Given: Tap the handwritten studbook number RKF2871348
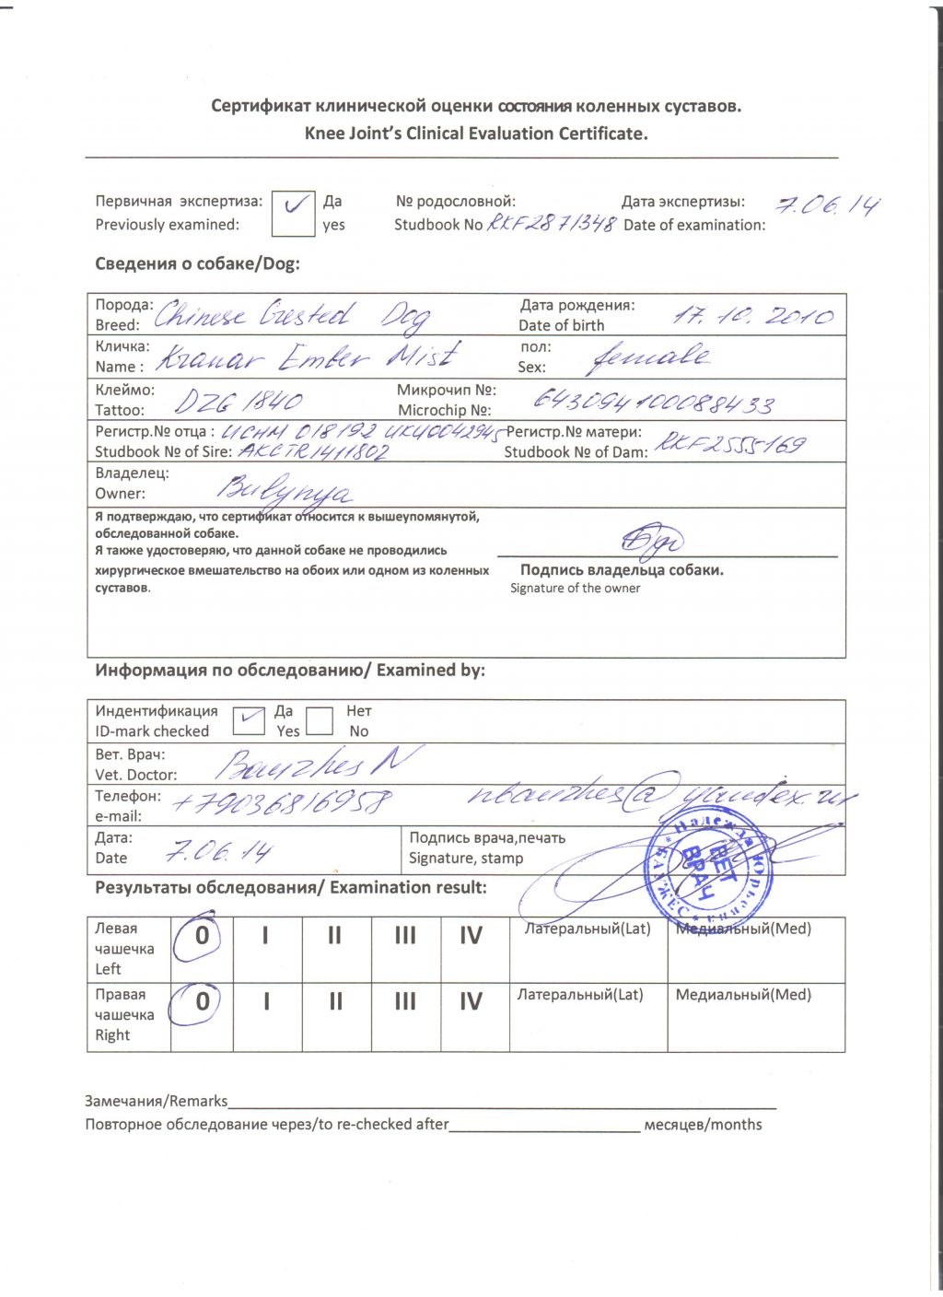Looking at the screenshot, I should tap(550, 224).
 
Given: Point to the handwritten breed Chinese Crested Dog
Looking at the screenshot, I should tap(290, 316).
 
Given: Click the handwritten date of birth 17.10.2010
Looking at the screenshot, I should tap(752, 316).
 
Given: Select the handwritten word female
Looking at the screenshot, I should tap(649, 356).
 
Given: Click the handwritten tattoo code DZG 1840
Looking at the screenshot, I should tap(239, 402).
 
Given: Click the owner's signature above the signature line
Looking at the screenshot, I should tap(652, 540).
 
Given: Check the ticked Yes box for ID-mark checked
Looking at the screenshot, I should tap(248, 720).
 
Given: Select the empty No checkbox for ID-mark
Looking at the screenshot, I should tap(319, 720).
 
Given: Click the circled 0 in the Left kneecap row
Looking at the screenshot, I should tap(202, 936).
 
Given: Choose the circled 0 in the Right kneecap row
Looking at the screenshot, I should tap(202, 1001).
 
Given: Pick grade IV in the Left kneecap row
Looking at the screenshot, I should tap(471, 937).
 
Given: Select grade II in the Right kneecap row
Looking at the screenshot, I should tap(335, 1002).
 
